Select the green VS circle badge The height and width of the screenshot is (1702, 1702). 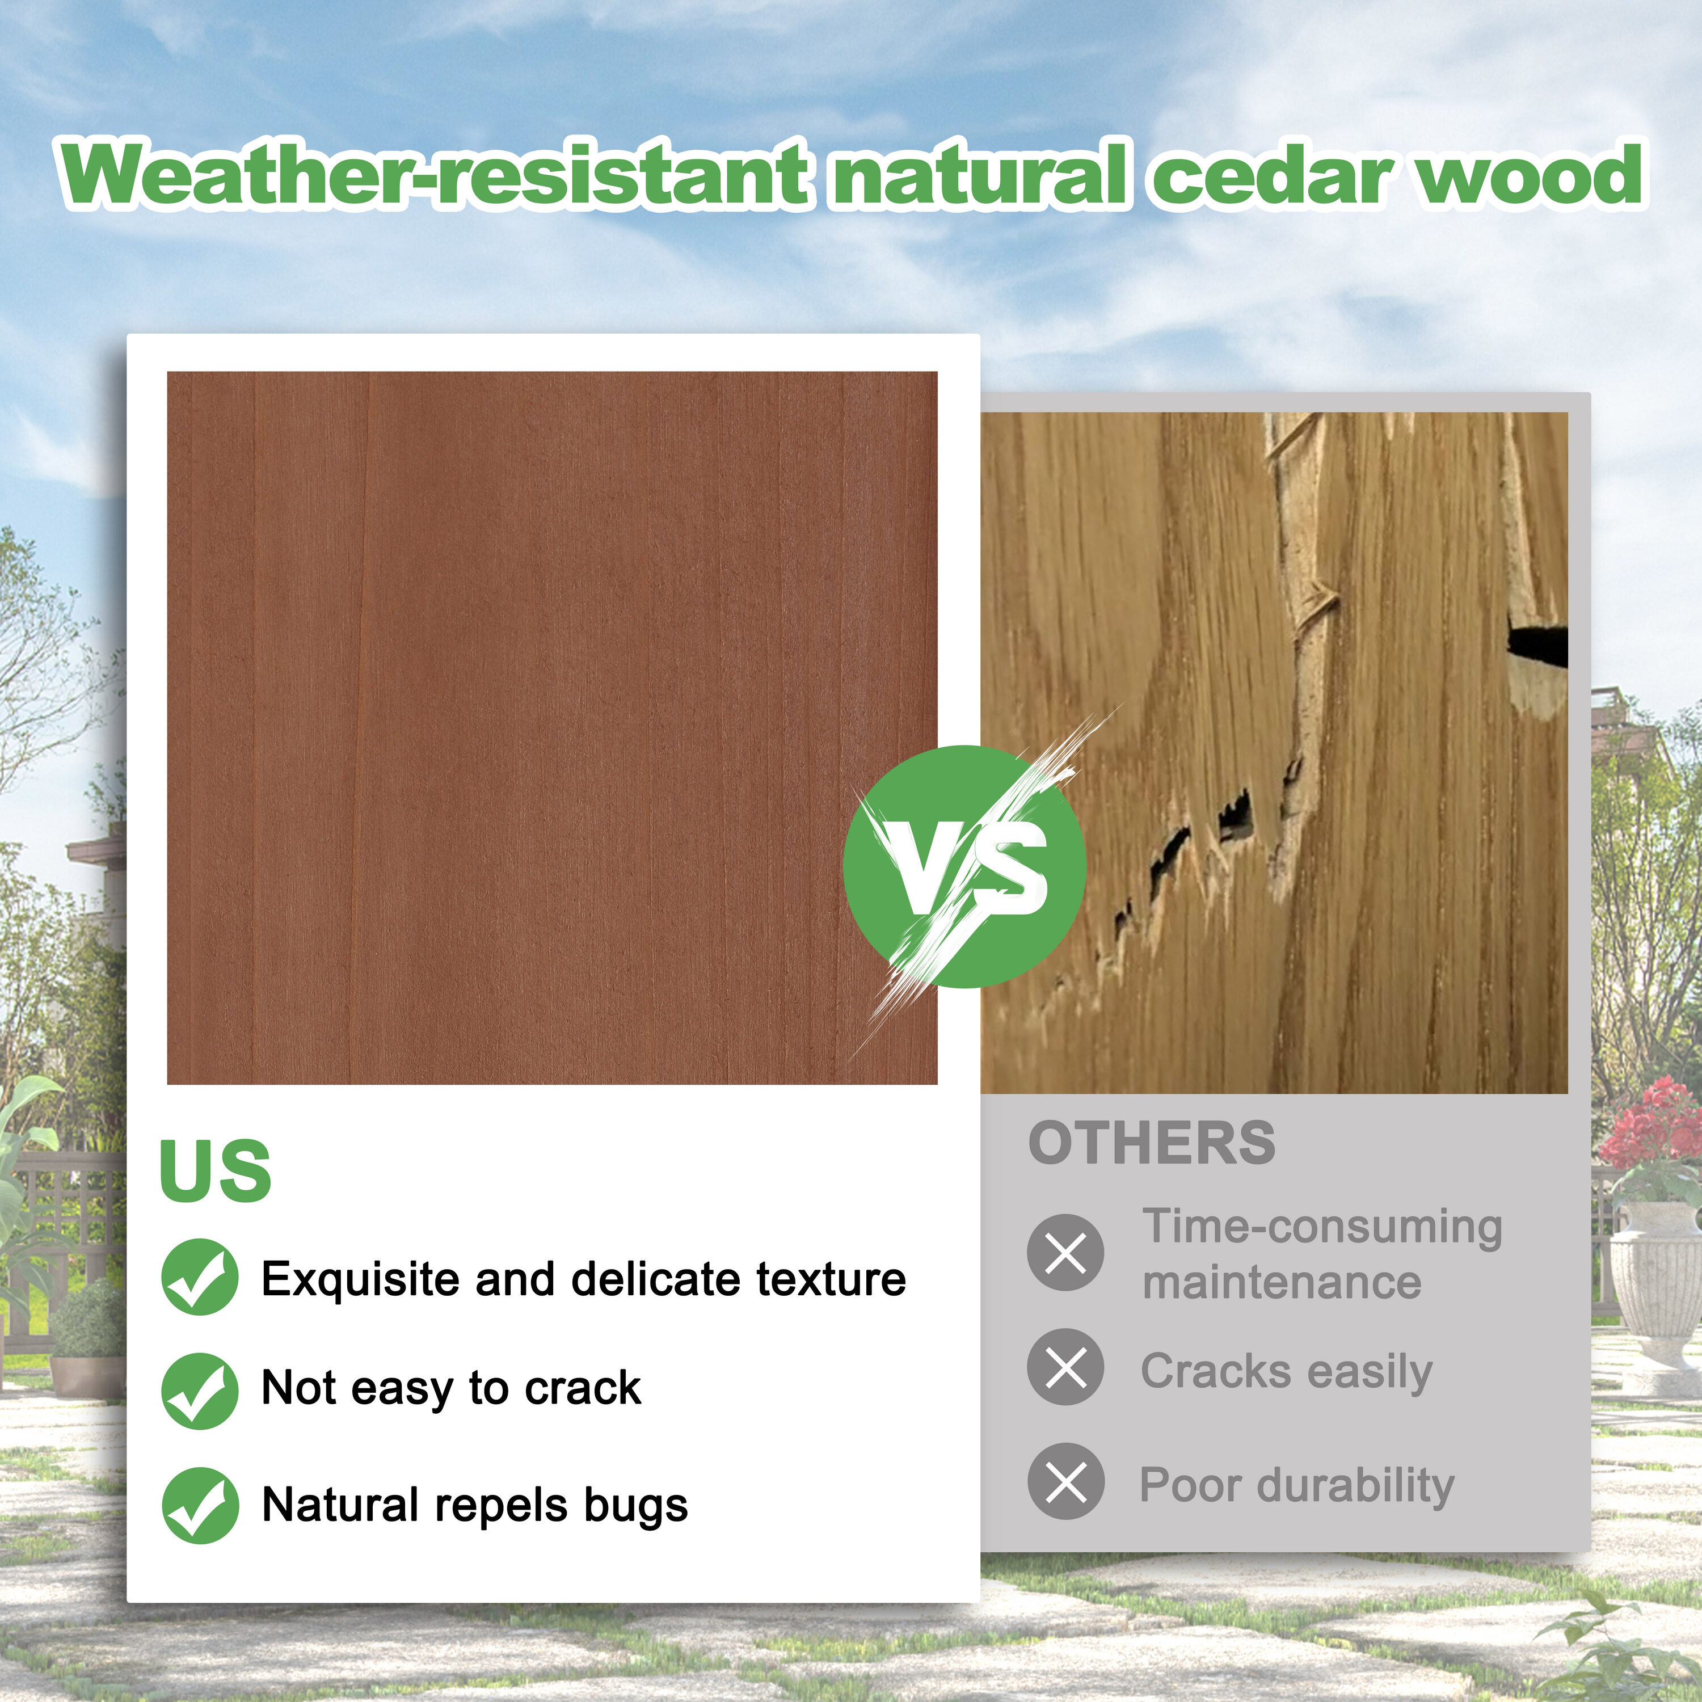964,866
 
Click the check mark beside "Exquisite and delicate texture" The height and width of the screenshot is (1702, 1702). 200,1278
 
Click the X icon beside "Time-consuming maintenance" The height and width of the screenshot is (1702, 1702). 1065,1252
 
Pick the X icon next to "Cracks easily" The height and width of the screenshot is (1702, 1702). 1065,1366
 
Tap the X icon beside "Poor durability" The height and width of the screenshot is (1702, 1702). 1065,1481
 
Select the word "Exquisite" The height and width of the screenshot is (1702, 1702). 360,1280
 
